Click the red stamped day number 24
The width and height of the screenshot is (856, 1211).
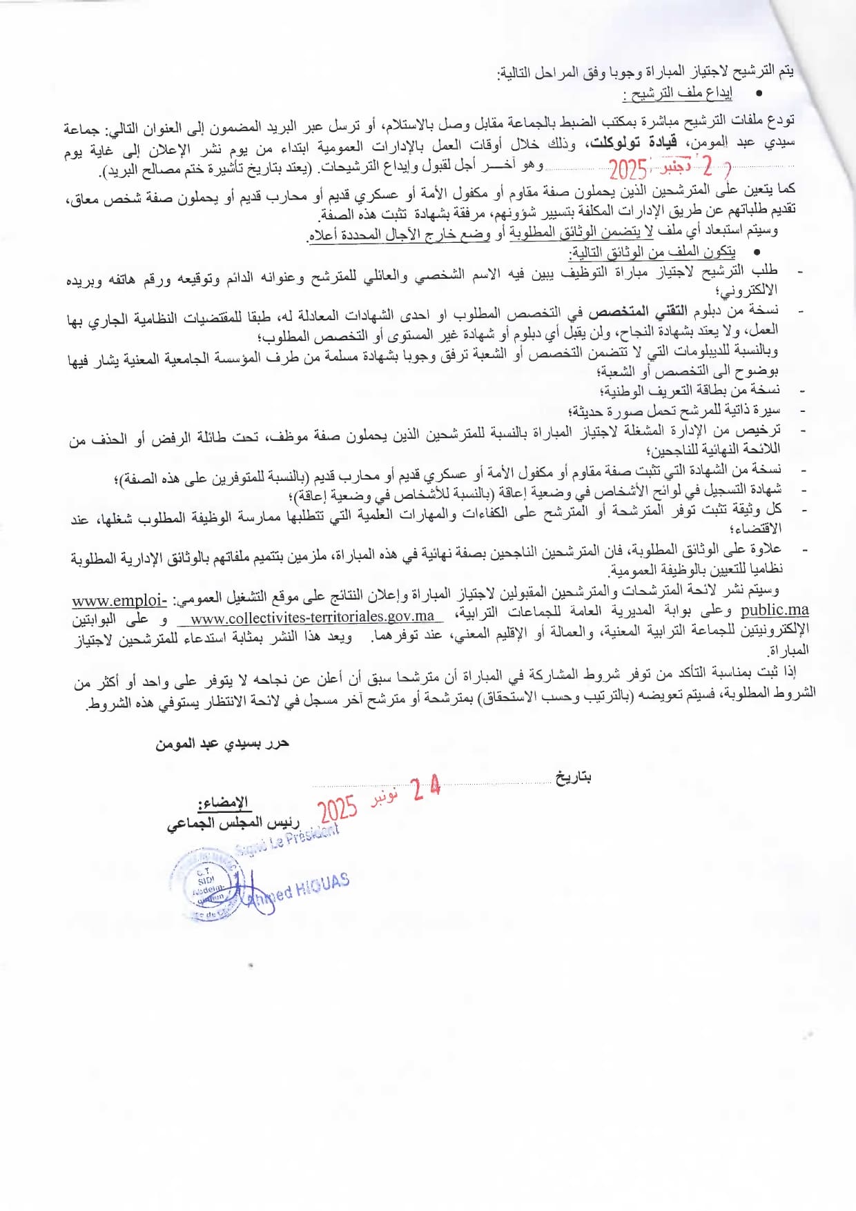(x=426, y=788)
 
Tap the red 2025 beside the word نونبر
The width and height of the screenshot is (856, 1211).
(x=338, y=809)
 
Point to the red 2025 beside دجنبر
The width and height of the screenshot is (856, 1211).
(x=628, y=170)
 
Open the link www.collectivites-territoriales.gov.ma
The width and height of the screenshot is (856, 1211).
(x=312, y=617)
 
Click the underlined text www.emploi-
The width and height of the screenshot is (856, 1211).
(x=119, y=600)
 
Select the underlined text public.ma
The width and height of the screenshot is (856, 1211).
(x=774, y=610)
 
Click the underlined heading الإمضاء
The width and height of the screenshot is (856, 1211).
(x=223, y=802)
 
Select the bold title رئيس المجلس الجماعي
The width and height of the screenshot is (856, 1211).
(x=233, y=823)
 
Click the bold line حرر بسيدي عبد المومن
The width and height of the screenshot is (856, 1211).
(x=222, y=743)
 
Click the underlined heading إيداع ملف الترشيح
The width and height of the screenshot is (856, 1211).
(x=677, y=93)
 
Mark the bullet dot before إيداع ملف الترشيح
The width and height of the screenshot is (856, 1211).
(x=759, y=92)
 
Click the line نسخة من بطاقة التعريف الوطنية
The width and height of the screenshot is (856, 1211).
(x=690, y=391)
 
